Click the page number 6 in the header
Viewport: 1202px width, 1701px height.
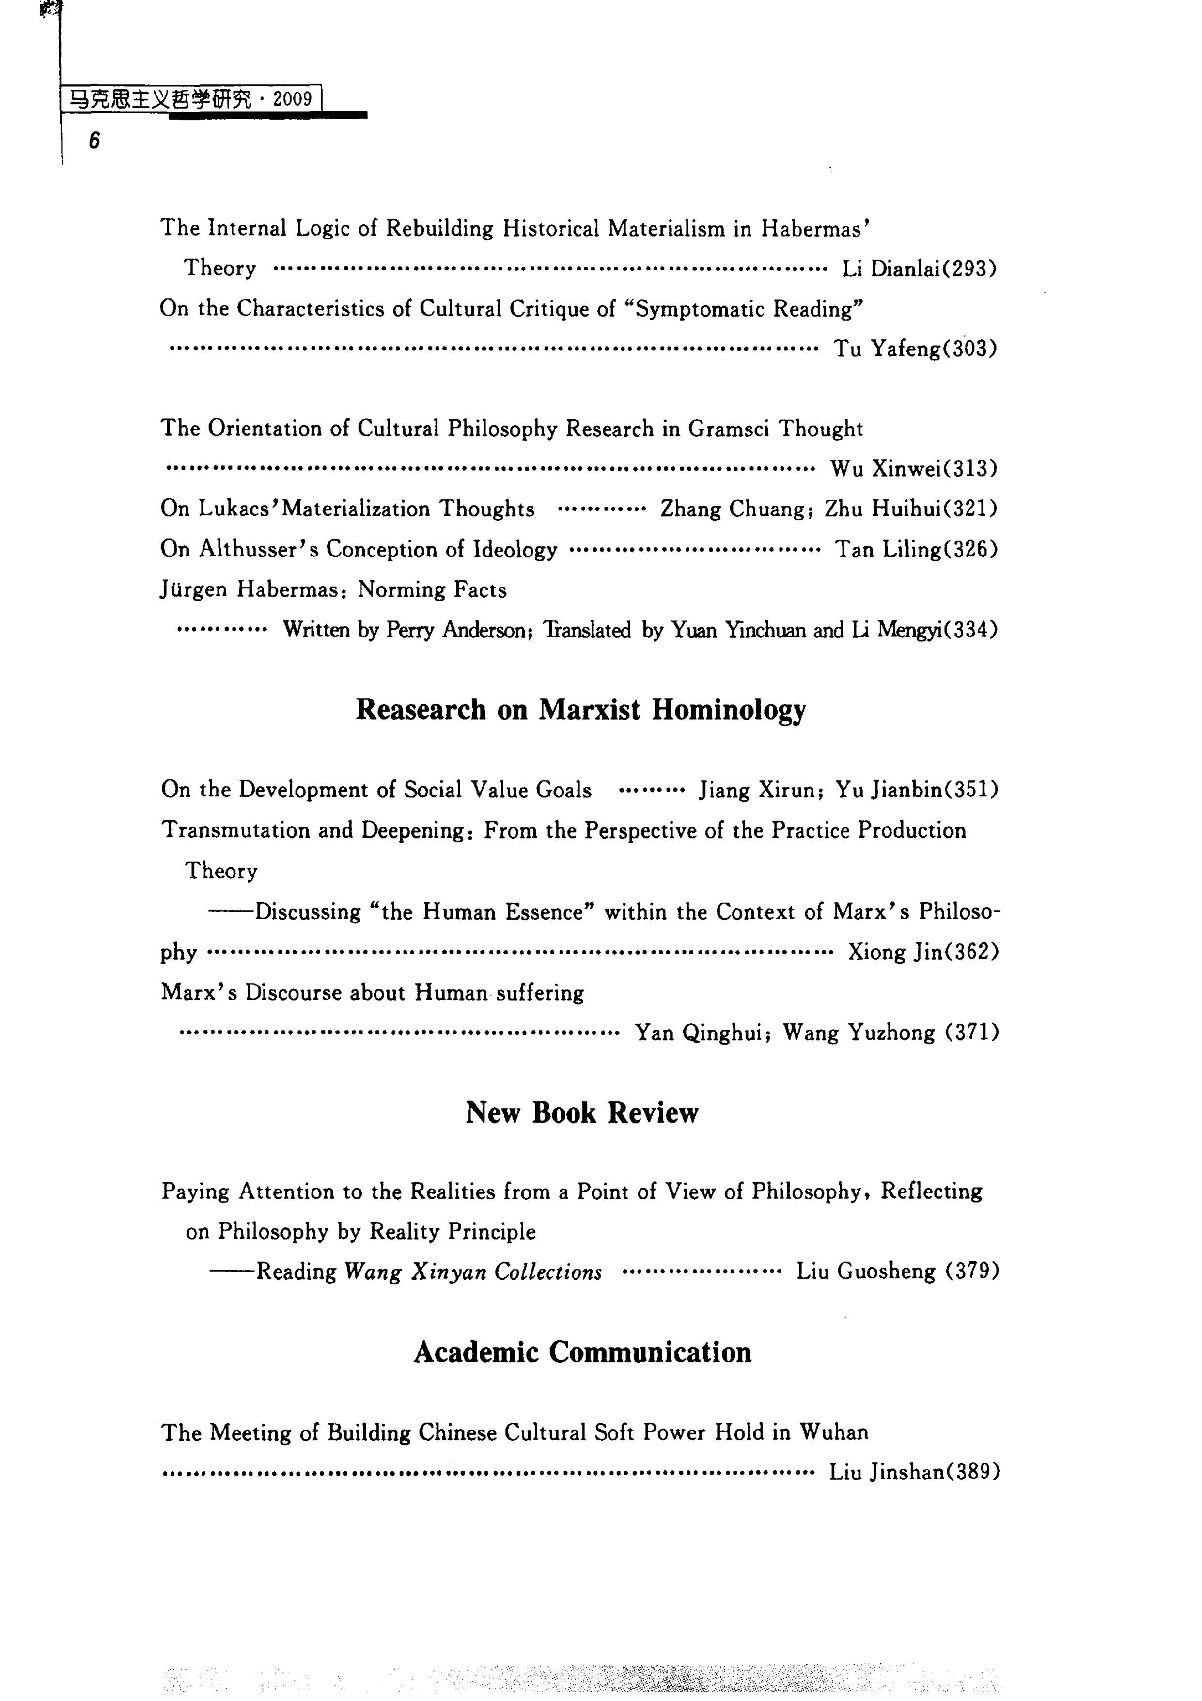pyautogui.click(x=94, y=140)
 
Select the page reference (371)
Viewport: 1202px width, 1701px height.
pyautogui.click(x=972, y=1032)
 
